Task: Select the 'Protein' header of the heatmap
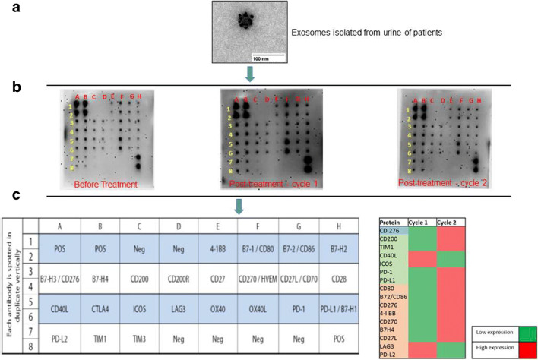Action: pos(388,219)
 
